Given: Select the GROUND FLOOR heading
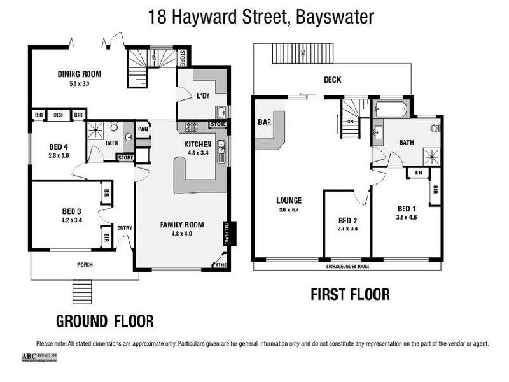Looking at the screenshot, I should click(x=105, y=320).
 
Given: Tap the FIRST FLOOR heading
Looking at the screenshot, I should click(x=349, y=295).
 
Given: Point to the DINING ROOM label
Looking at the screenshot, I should click(x=80, y=74).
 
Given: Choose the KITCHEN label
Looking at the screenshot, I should click(x=197, y=144).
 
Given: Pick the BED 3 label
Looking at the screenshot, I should click(x=71, y=211).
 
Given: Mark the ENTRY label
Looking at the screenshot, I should click(x=125, y=228).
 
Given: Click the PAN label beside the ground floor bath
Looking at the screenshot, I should click(x=143, y=128).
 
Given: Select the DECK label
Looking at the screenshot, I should click(x=333, y=80).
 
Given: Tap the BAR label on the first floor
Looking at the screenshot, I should click(x=265, y=122).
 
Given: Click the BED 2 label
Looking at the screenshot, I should click(x=347, y=221).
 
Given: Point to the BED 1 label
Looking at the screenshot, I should click(x=407, y=209).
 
